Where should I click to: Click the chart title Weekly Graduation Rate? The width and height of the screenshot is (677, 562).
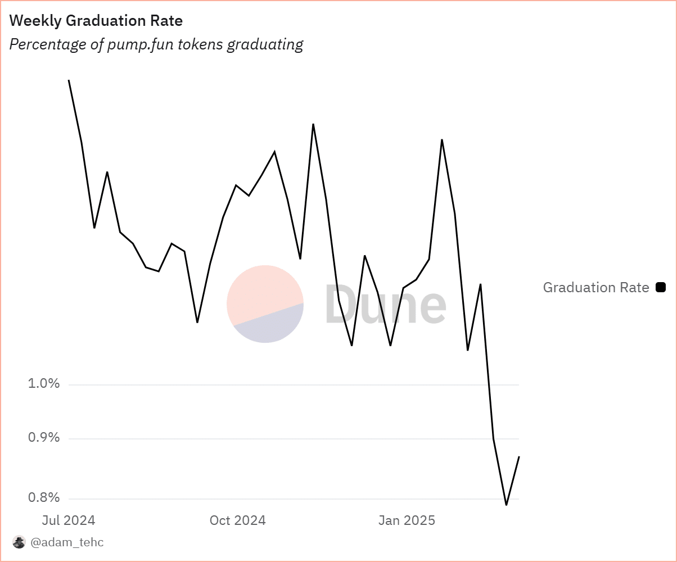click(96, 21)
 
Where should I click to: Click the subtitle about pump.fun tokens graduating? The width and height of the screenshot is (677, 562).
click(156, 44)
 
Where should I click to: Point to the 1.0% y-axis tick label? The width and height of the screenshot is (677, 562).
click(44, 384)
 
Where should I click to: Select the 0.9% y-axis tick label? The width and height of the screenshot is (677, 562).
click(44, 437)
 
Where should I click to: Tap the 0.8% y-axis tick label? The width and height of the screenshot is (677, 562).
click(44, 497)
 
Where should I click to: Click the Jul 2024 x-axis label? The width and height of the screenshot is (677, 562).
click(69, 520)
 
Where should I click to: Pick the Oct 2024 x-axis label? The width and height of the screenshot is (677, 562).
click(237, 520)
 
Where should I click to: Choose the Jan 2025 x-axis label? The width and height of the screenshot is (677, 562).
click(407, 520)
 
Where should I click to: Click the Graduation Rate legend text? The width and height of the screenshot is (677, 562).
click(596, 288)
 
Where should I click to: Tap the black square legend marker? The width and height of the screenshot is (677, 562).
click(661, 288)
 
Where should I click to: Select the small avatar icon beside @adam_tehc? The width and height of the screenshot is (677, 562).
click(19, 542)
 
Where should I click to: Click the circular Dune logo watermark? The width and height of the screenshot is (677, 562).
click(265, 304)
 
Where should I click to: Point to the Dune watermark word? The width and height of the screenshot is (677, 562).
click(386, 303)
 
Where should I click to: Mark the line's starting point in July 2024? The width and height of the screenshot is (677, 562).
click(69, 80)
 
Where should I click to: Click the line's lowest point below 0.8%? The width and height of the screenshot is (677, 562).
click(506, 505)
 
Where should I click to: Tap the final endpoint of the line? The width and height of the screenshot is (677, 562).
click(519, 456)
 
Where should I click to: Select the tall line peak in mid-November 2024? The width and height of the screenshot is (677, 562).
click(313, 124)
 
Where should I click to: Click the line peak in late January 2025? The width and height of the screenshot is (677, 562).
click(442, 139)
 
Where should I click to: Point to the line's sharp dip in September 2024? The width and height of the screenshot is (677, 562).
click(197, 322)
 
